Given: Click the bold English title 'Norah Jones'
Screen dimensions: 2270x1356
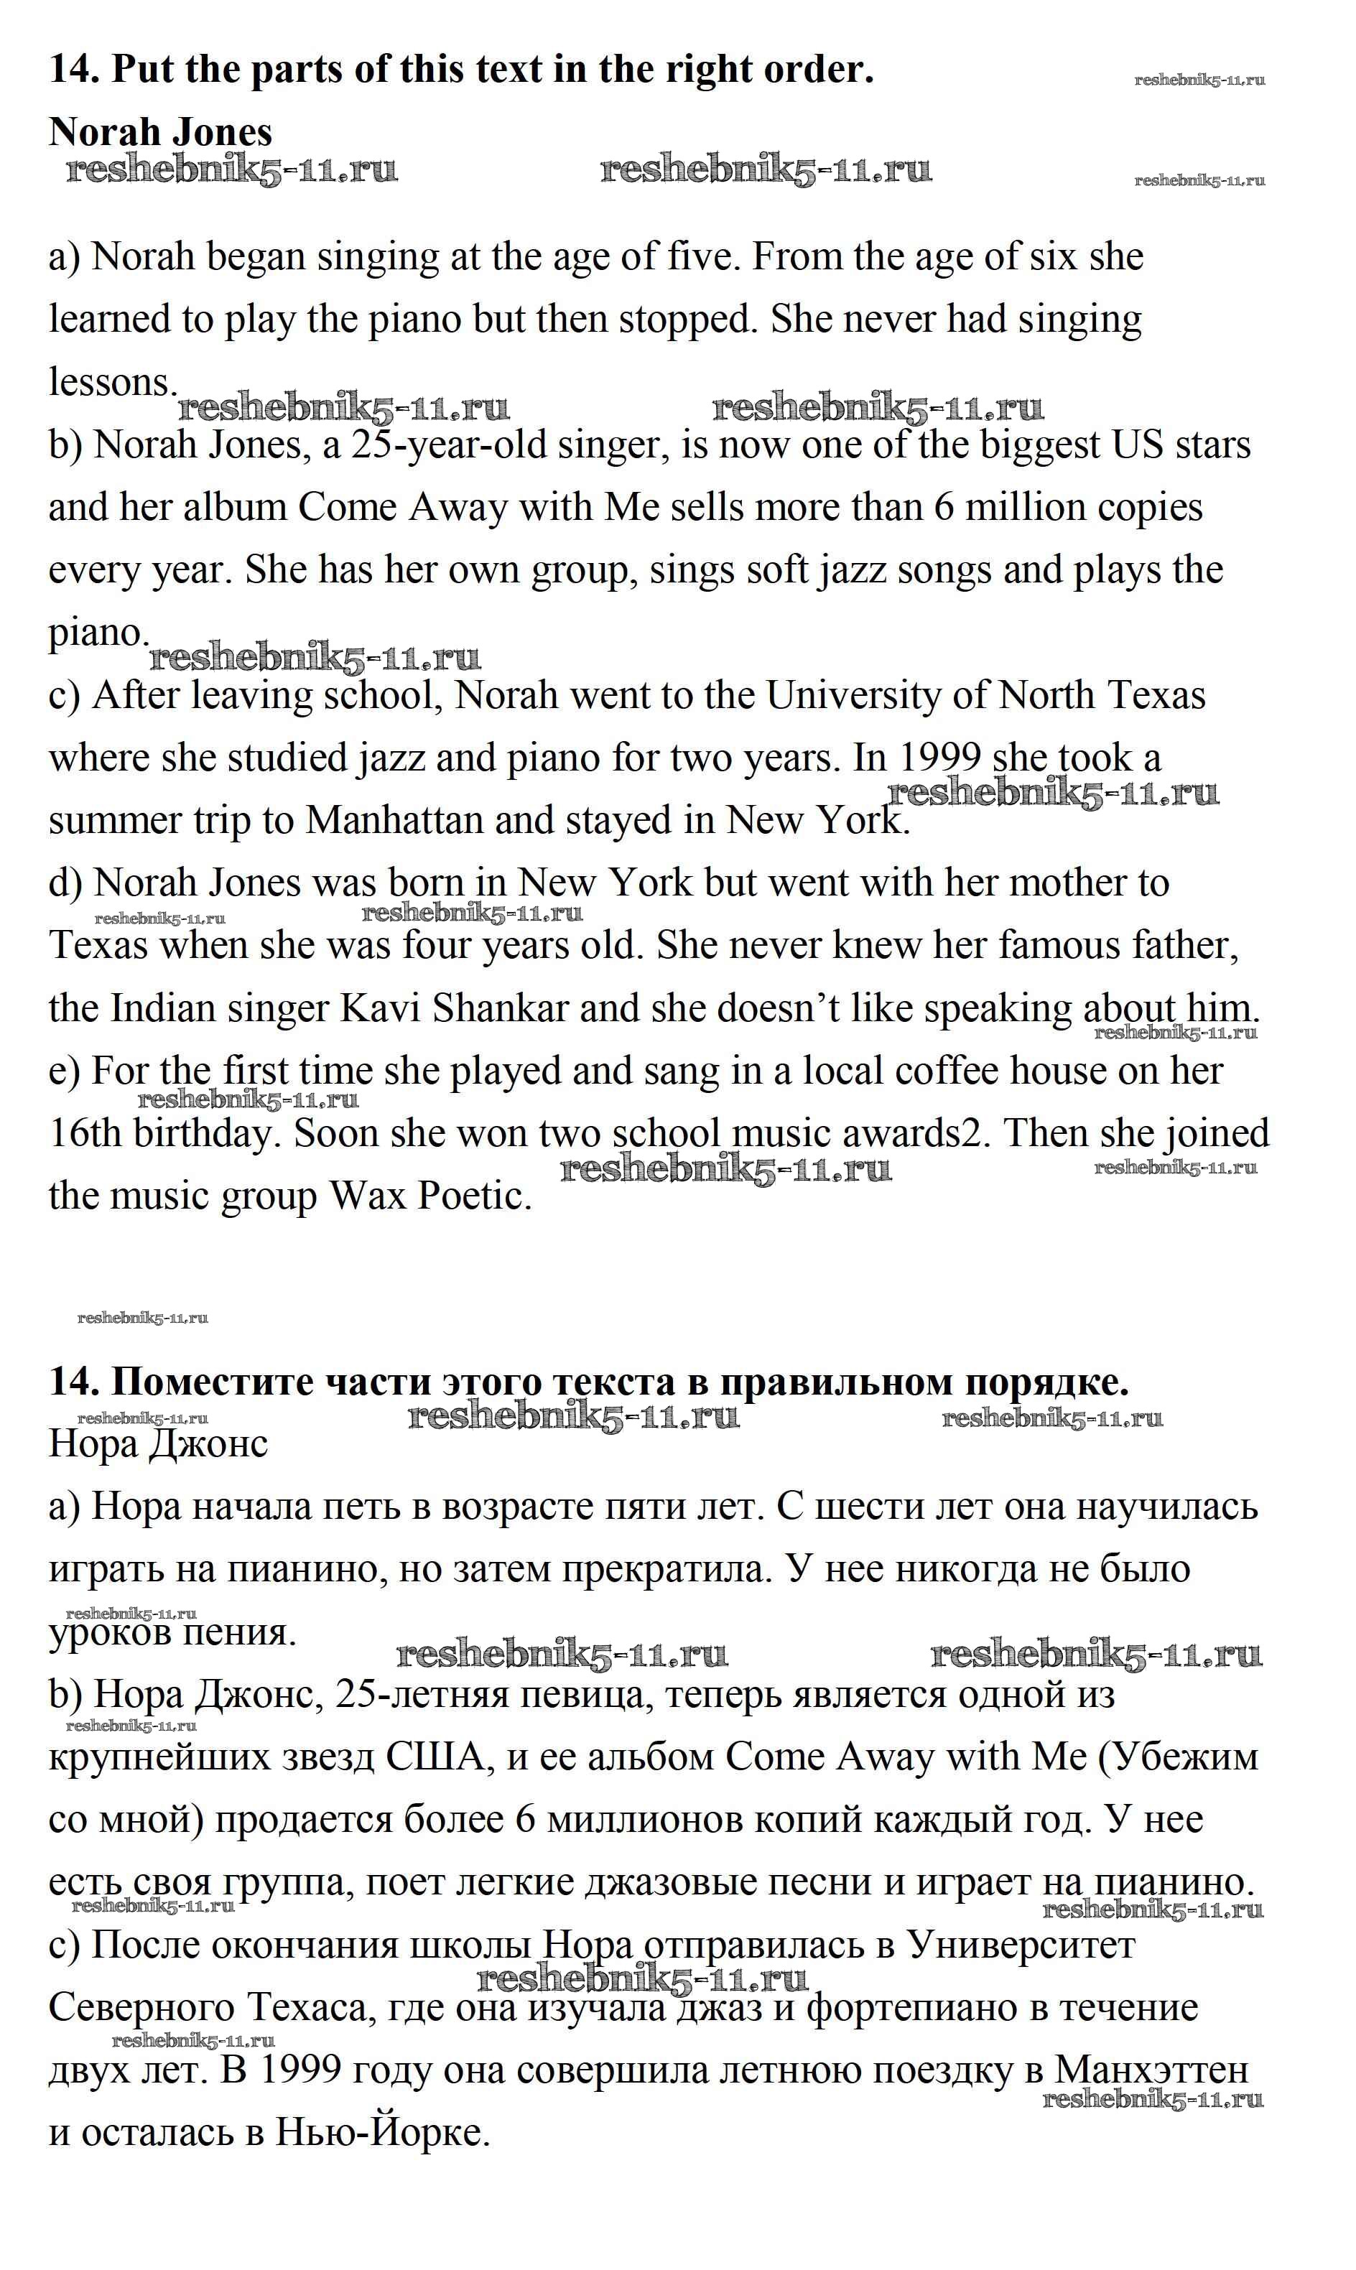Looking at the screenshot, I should point(160,131).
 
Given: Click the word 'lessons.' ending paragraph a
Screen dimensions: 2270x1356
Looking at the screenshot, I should point(111,382).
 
